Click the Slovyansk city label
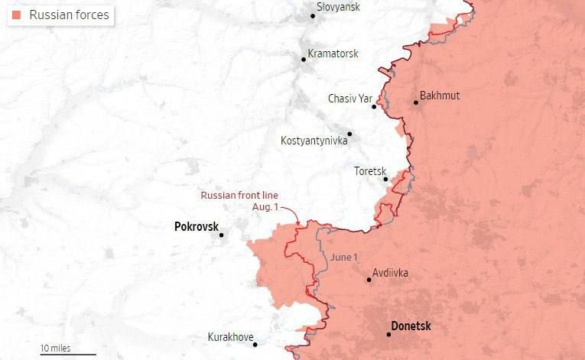pos(339,7)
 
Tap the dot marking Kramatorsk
pos(304,59)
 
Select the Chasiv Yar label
pos(349,99)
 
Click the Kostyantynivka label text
pos(314,141)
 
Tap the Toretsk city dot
pos(386,180)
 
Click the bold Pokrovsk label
pos(196,227)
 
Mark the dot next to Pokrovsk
pos(222,235)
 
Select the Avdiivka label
pos(390,273)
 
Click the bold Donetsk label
pos(411,326)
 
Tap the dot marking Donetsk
pos(389,335)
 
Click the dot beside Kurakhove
pos(255,345)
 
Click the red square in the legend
pos(16,15)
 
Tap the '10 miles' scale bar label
pos(56,349)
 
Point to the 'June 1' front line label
pos(343,257)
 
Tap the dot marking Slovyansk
pos(312,15)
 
